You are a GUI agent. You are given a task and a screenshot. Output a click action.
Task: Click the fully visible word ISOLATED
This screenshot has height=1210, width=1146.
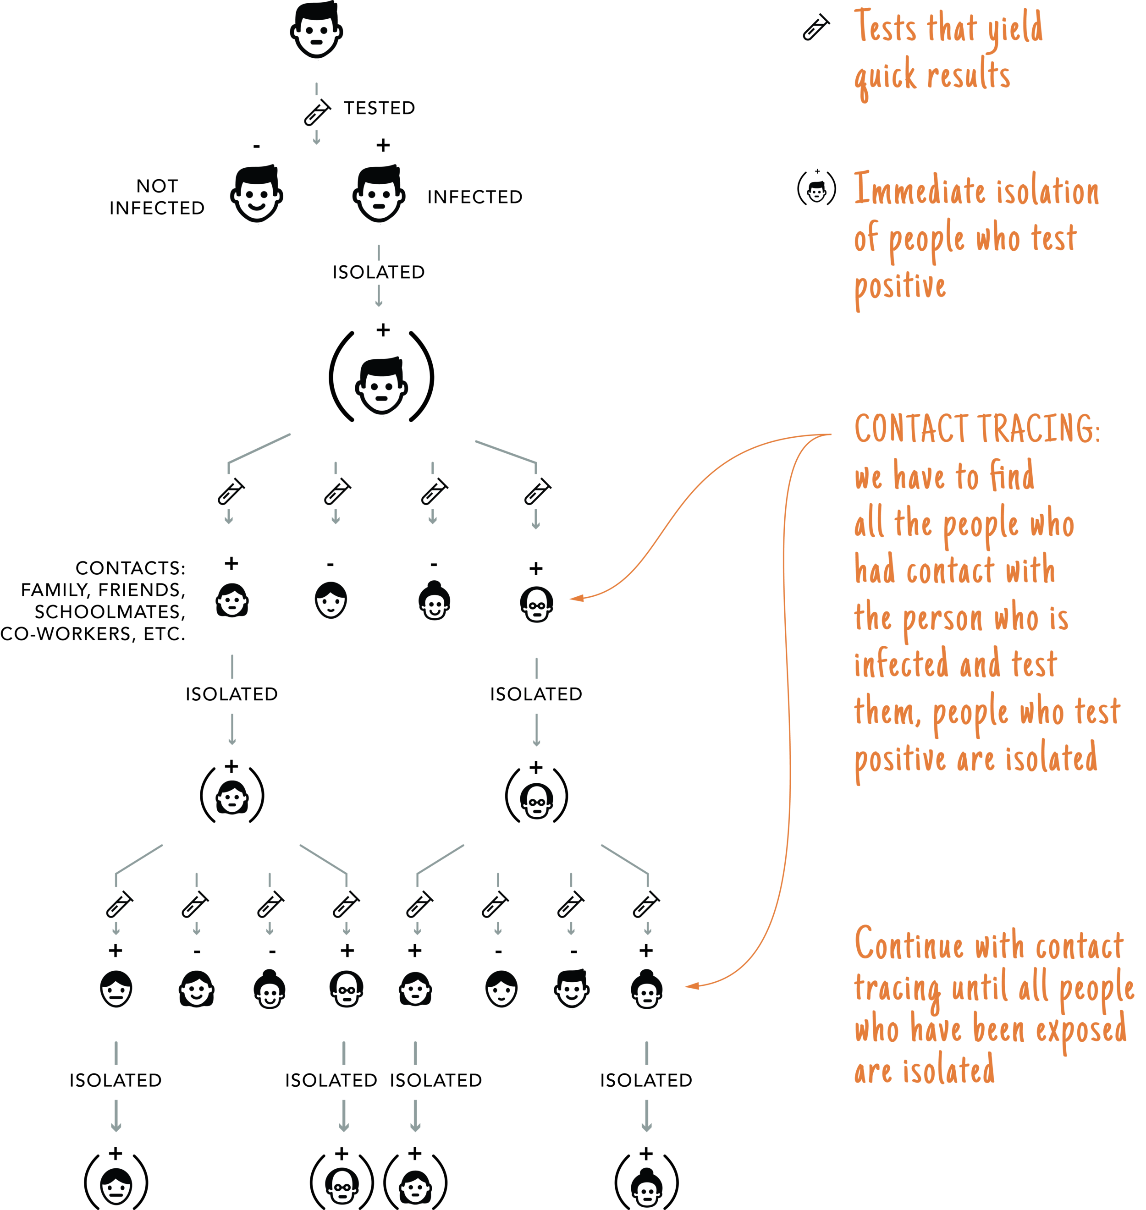(x=378, y=272)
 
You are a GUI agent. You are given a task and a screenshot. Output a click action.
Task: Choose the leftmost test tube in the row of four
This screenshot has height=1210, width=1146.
(x=230, y=490)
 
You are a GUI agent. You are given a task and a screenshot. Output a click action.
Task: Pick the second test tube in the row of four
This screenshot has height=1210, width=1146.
(x=335, y=490)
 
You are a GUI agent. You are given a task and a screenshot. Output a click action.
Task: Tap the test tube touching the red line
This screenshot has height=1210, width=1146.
(x=537, y=490)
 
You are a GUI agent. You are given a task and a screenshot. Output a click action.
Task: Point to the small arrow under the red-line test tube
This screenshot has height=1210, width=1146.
(x=535, y=525)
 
